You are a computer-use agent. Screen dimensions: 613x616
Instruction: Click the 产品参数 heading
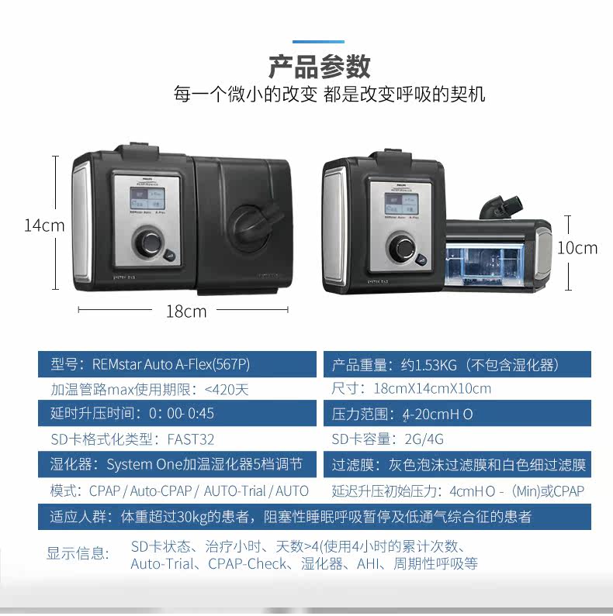tap(319, 67)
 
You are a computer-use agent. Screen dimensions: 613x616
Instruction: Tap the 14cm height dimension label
tap(44, 225)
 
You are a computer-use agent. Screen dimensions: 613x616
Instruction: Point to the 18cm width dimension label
tap(186, 311)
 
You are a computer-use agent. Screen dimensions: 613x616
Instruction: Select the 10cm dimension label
tap(577, 248)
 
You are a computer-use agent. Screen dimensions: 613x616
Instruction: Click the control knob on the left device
tap(148, 244)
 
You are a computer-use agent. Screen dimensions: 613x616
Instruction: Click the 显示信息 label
tap(78, 552)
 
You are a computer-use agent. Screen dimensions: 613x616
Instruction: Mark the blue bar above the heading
tap(318, 41)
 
